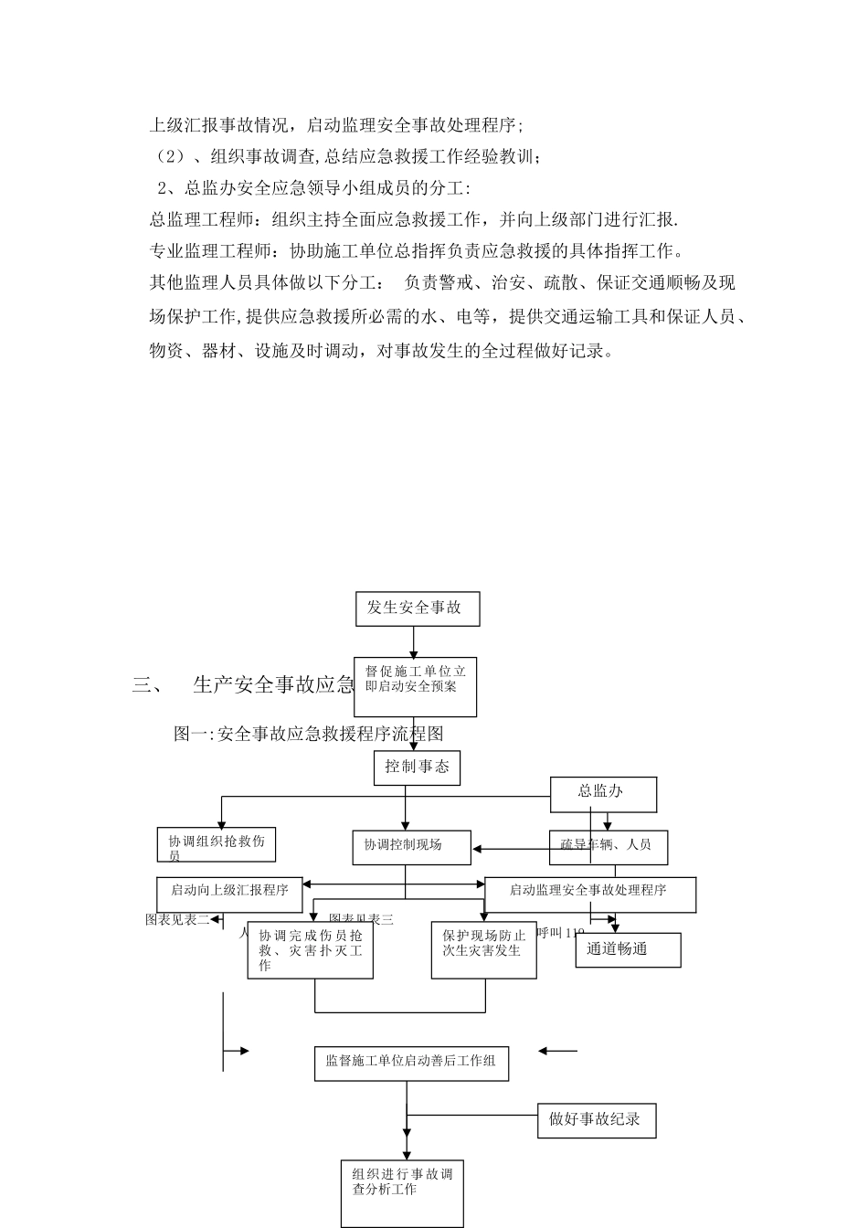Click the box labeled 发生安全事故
click(417, 609)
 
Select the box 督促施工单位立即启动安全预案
click(415, 686)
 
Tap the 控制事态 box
click(417, 767)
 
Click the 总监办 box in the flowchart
click(602, 793)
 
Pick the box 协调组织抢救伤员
click(216, 845)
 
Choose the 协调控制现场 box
click(411, 846)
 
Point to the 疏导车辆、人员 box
click(608, 846)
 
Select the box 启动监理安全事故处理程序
click(589, 893)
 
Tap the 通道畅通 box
click(627, 949)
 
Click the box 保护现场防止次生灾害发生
click(483, 950)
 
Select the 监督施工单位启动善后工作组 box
click(410, 1063)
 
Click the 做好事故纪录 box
click(596, 1119)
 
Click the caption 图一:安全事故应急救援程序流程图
click(308, 734)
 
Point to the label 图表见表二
click(177, 920)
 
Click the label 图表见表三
click(361, 920)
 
